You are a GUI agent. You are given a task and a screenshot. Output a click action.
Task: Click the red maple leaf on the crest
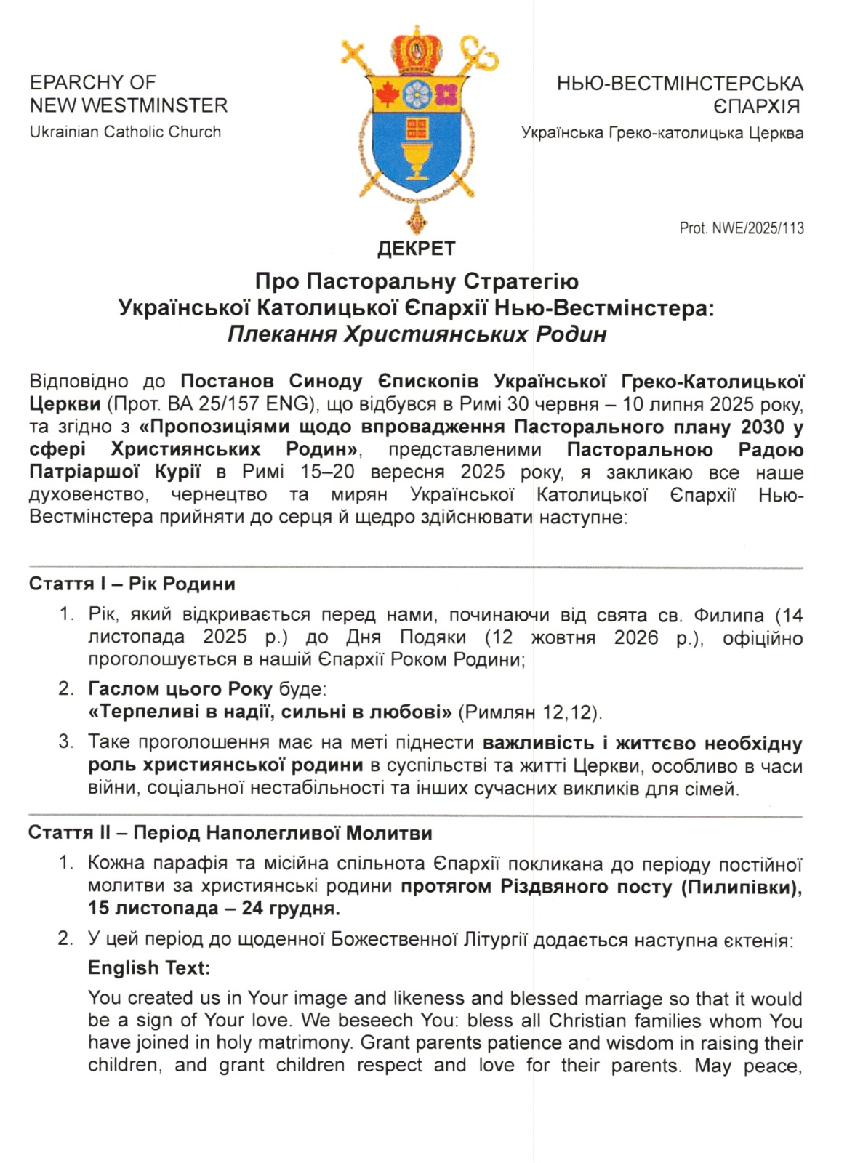[387, 94]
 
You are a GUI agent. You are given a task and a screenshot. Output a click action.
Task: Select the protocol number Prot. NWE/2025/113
[742, 228]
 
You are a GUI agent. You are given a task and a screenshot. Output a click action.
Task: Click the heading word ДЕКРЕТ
[416, 249]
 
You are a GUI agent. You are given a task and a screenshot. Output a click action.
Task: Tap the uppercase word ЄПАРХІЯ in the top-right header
[756, 107]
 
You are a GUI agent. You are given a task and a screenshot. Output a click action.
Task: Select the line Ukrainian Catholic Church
[125, 132]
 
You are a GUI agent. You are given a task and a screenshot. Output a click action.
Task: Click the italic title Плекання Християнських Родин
[417, 334]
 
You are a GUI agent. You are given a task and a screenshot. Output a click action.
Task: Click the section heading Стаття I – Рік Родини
[132, 584]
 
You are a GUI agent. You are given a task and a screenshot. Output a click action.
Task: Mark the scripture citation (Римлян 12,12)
[530, 712]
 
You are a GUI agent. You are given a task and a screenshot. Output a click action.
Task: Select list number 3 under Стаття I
[66, 742]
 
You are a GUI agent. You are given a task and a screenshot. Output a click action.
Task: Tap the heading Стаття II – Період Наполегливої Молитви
[230, 833]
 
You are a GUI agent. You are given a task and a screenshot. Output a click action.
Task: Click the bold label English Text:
[148, 968]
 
